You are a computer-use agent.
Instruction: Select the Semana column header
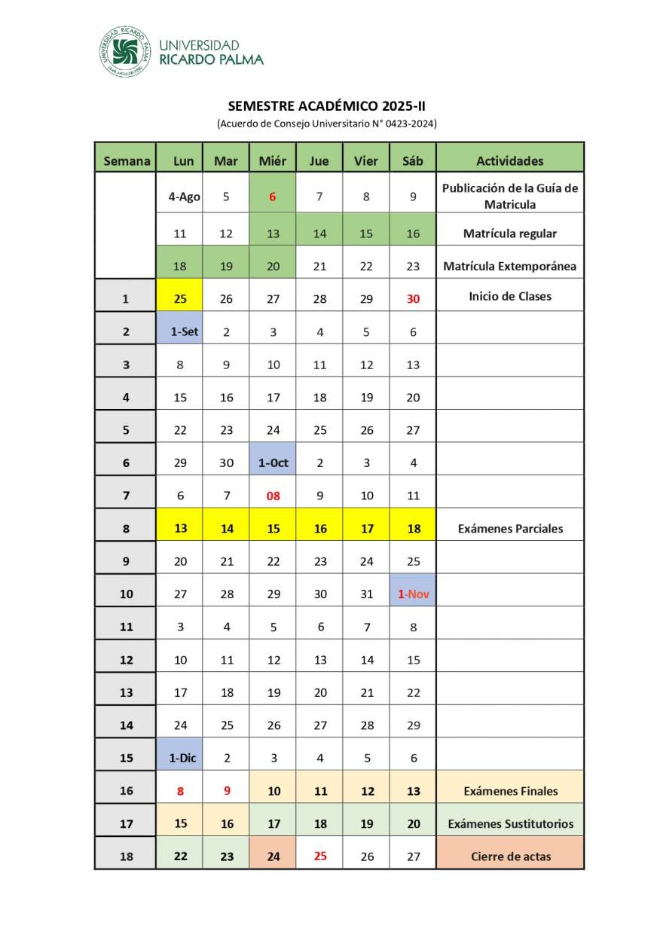(x=126, y=160)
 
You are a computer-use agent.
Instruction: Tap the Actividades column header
(x=510, y=160)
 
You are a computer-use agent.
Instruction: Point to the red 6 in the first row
(x=273, y=197)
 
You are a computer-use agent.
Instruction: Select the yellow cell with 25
(x=180, y=298)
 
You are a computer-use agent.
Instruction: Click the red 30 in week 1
(x=413, y=298)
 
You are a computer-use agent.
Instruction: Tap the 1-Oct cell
(x=273, y=463)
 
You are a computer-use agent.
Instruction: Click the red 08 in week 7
(x=273, y=496)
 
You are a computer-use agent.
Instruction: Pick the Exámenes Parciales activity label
(x=510, y=529)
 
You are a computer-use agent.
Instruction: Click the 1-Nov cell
(x=413, y=594)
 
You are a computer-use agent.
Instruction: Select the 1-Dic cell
(x=181, y=758)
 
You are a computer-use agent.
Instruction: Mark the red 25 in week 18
(x=320, y=856)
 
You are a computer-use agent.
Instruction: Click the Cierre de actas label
(x=510, y=856)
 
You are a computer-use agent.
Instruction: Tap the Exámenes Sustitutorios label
(x=510, y=823)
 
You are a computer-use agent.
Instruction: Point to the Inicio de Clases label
(x=510, y=296)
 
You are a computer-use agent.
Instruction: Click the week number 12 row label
(x=126, y=660)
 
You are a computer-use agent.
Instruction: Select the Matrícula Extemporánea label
(x=510, y=266)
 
